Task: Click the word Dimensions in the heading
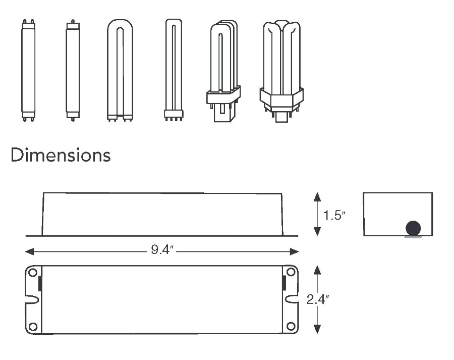[61, 155]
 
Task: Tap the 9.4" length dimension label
[162, 251]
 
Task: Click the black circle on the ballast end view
[413, 228]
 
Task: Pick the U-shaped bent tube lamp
[120, 71]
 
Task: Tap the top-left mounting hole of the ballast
[33, 273]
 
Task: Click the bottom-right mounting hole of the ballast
[291, 326]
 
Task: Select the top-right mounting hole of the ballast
[291, 273]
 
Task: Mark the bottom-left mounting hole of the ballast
[33, 326]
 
